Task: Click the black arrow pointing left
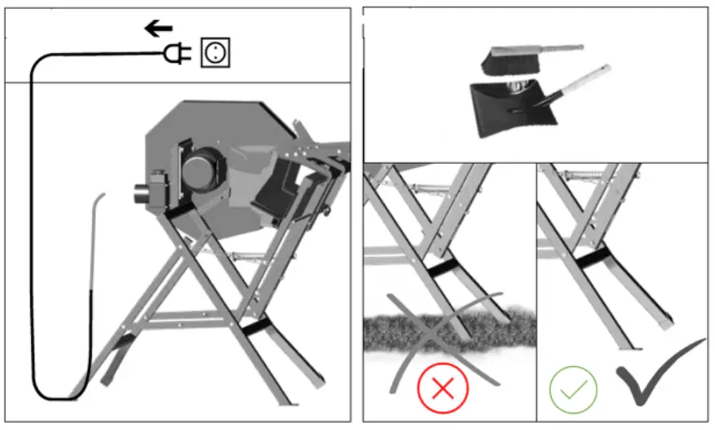158,29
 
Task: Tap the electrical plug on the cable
177,54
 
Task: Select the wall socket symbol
215,54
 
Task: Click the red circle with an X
442,388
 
